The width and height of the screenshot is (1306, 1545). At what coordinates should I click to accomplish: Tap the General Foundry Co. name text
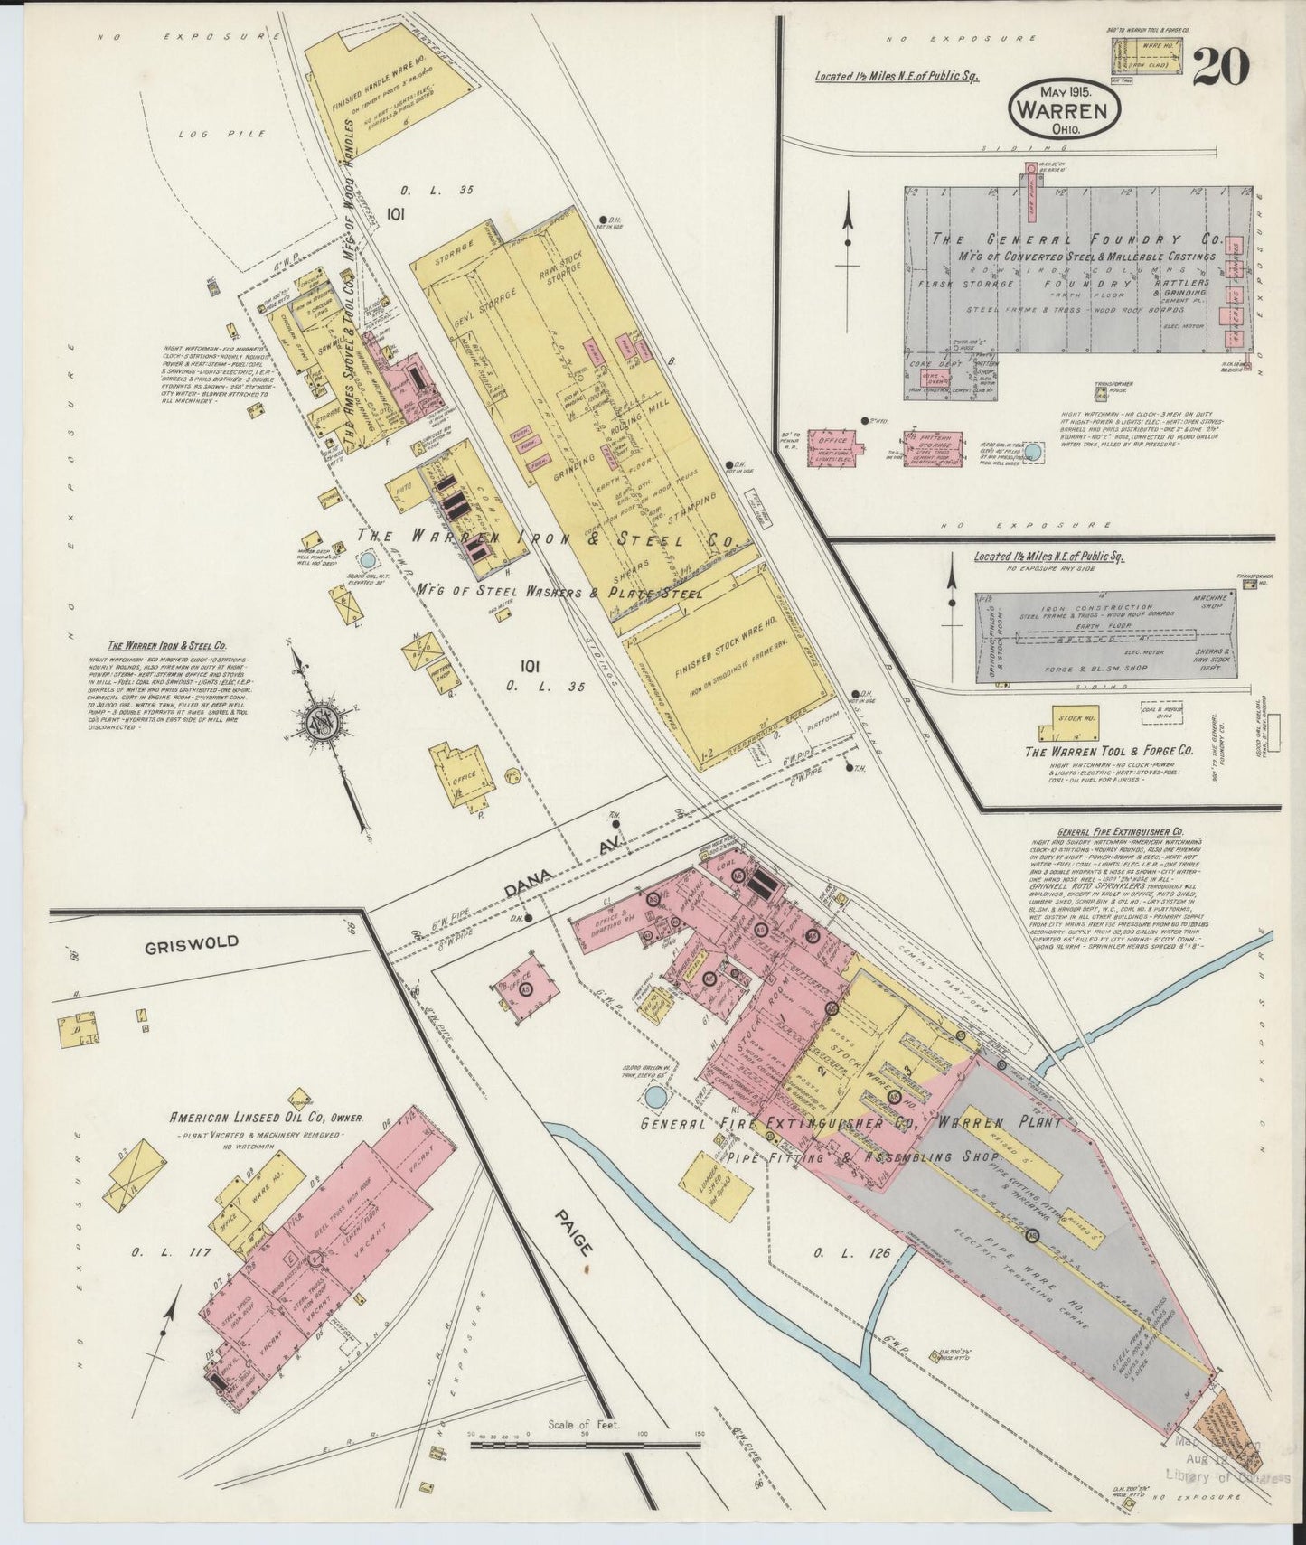(1076, 241)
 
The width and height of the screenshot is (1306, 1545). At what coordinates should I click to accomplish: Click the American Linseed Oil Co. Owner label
(268, 1118)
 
